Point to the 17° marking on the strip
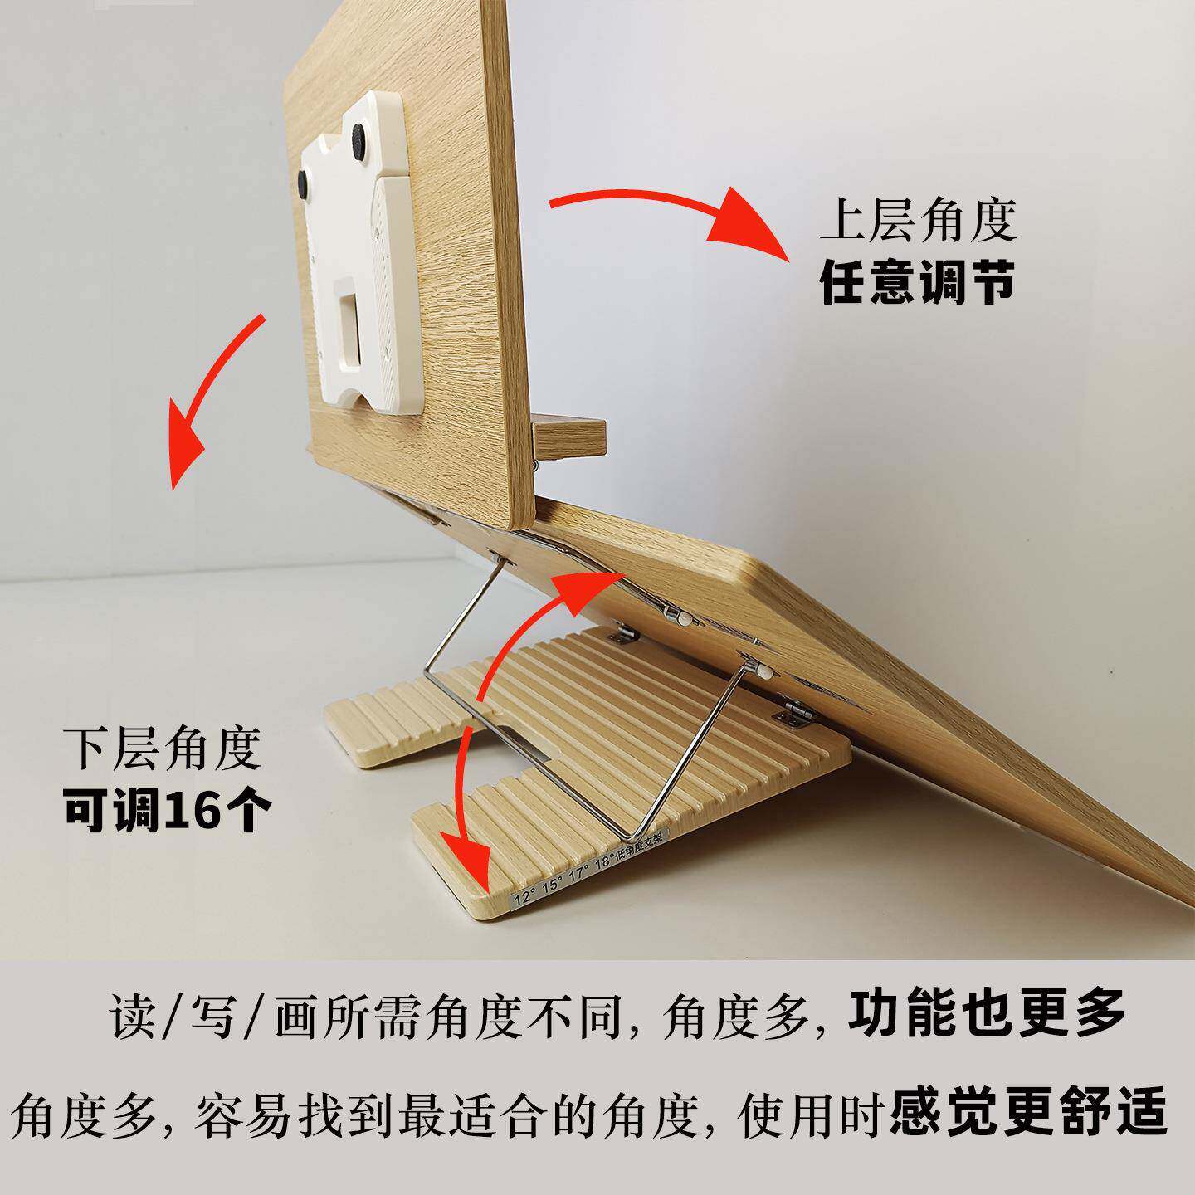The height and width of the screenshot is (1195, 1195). tap(578, 875)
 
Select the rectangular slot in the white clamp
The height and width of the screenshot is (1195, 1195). tap(349, 333)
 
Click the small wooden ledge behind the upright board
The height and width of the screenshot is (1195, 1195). tap(568, 437)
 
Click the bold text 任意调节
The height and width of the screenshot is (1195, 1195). tap(917, 283)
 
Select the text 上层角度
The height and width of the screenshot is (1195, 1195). tap(918, 220)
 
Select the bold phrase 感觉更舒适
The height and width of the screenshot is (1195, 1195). tap(1027, 1110)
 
